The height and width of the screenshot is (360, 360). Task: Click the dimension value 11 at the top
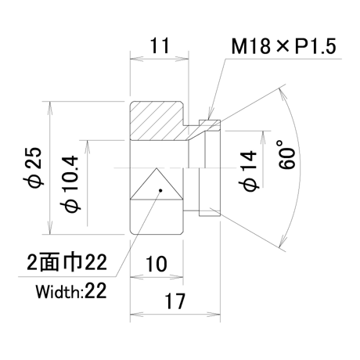160,45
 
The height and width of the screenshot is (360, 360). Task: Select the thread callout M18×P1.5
284,46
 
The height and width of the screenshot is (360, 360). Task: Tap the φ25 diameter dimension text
35,167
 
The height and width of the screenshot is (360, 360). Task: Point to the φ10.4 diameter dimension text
70,184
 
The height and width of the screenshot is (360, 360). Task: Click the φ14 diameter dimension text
248,171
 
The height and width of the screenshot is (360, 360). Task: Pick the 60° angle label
286,155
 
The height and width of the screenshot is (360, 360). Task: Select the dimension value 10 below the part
156,264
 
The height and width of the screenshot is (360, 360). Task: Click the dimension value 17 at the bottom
175,301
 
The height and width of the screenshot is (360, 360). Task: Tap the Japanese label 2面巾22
67,262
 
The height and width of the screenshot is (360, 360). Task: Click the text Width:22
71,291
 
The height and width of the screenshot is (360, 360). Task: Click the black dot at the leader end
160,190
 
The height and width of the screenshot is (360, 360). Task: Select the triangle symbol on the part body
157,184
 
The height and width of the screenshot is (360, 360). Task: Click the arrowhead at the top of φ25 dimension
49,108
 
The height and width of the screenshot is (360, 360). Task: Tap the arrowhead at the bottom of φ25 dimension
49,228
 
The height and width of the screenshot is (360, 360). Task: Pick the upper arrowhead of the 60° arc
283,95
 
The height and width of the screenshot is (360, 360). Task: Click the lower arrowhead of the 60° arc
283,240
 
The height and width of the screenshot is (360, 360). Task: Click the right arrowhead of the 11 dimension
182,59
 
